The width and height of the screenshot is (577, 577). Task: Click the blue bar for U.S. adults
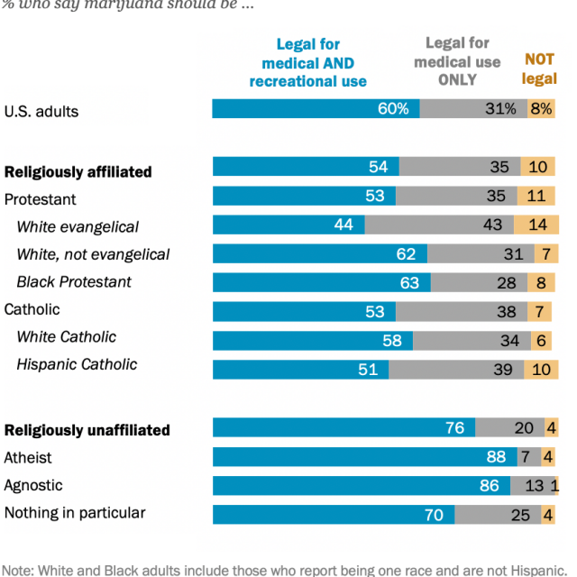click(x=316, y=109)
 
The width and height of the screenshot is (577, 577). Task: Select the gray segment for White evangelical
click(x=439, y=224)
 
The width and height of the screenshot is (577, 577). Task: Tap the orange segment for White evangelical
click(x=536, y=224)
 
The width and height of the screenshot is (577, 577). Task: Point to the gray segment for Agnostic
click(x=532, y=485)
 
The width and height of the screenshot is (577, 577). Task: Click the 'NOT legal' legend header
click(x=539, y=69)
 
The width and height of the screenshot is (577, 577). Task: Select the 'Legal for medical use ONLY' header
click(x=457, y=61)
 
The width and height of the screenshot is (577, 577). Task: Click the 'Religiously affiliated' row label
click(x=78, y=171)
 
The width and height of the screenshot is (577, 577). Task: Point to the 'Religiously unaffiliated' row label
click(x=87, y=430)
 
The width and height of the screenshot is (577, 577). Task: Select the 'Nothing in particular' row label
click(x=75, y=513)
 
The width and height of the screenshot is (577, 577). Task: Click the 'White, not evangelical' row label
click(x=93, y=254)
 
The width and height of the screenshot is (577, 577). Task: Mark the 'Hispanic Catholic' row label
click(x=77, y=364)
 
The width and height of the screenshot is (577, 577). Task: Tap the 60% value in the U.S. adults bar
click(x=393, y=109)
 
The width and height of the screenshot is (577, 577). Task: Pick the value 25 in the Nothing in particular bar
click(x=520, y=515)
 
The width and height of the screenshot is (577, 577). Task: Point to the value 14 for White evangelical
click(x=538, y=224)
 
